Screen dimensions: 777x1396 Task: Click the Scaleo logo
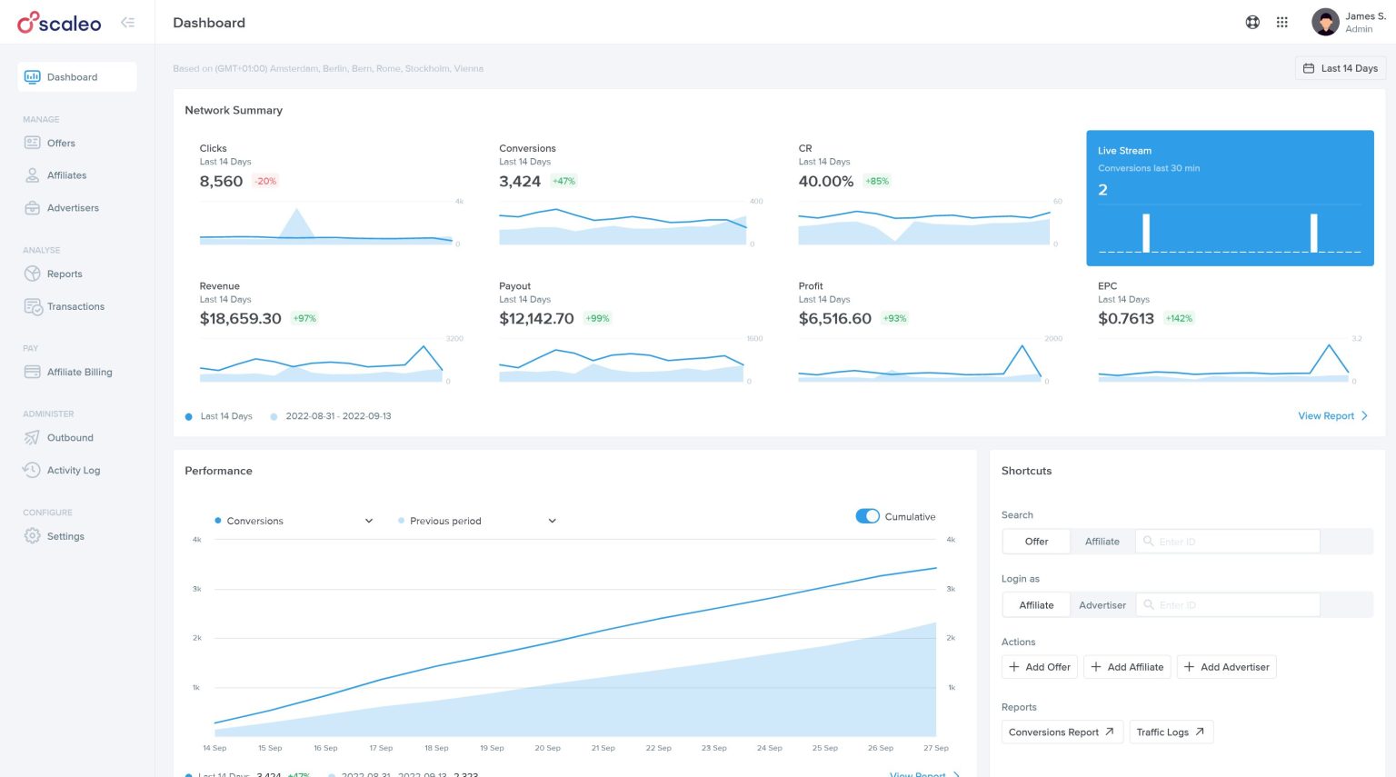click(60, 23)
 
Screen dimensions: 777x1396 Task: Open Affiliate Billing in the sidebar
click(79, 372)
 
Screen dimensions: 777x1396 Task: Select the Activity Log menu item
click(73, 470)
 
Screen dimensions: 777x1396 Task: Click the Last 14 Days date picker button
click(1340, 68)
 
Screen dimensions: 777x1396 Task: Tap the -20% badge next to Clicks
click(265, 181)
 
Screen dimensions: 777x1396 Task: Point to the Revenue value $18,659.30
click(240, 318)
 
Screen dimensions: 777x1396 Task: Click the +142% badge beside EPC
click(1179, 318)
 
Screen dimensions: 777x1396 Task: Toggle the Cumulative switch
click(867, 516)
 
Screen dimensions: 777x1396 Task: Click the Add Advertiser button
click(1226, 667)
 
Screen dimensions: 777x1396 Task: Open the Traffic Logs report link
click(1171, 732)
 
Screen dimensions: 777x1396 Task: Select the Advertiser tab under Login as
click(1102, 604)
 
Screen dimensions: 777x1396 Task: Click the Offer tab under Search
click(1036, 541)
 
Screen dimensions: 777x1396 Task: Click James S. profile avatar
click(1325, 23)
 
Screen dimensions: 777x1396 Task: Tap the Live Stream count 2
click(1102, 190)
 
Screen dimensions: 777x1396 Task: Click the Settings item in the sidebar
click(65, 536)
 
